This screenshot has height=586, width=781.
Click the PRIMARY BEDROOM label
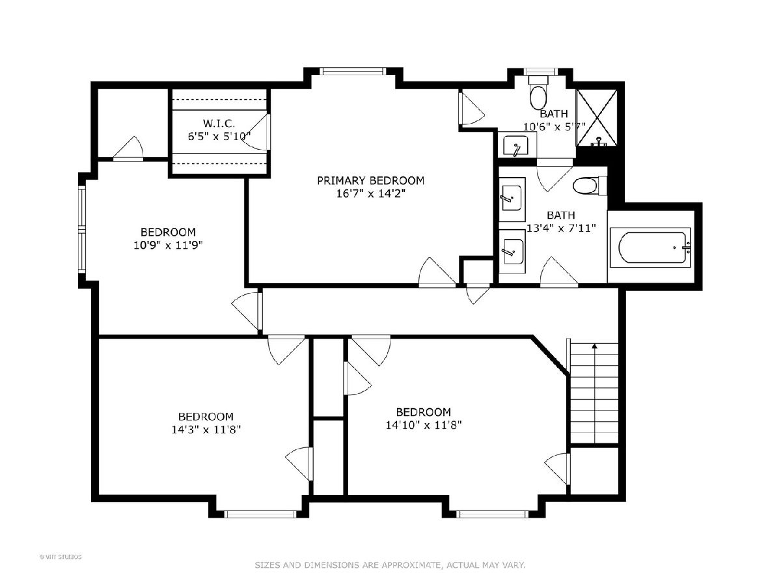pos(370,181)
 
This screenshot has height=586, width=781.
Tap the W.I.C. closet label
pos(219,124)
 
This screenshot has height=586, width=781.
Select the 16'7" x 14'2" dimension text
pos(371,194)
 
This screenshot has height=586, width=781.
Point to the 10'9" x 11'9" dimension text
pos(168,245)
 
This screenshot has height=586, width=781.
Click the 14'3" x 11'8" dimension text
pos(206,430)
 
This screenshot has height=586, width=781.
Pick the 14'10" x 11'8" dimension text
pos(424,425)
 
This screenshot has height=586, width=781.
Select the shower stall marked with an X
pos(597,118)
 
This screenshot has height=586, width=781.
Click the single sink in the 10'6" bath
pos(515,145)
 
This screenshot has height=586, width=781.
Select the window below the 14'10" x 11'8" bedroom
pos(492,514)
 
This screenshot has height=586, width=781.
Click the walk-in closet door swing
pos(257,132)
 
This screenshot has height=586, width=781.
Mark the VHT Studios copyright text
pos(61,557)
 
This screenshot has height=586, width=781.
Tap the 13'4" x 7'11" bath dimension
pos(561,228)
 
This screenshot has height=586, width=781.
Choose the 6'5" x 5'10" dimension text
pos(219,136)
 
